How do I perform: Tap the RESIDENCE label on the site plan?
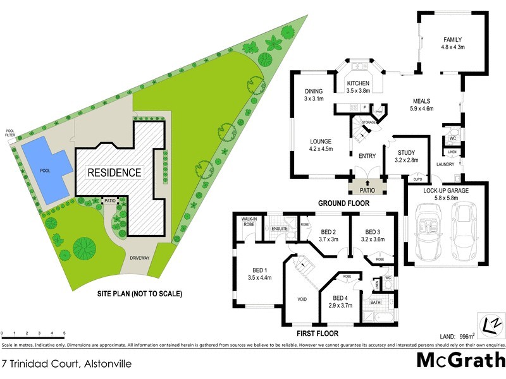tap(114, 172)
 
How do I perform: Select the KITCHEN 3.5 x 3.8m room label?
tap(357, 87)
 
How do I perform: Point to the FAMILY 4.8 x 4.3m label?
tap(453, 44)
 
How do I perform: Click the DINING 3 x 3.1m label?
tap(314, 95)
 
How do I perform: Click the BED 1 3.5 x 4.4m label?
tap(259, 274)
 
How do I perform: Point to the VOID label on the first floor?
tap(302, 299)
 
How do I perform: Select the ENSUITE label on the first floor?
tap(280, 228)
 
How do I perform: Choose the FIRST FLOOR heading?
tap(318, 334)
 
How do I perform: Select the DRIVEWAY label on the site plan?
tap(140, 258)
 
